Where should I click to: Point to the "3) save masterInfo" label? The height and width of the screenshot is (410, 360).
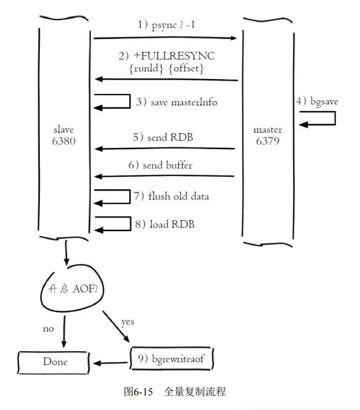[177, 102]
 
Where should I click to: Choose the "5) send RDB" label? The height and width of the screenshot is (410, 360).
[162, 138]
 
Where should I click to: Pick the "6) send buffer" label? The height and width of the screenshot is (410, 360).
[161, 165]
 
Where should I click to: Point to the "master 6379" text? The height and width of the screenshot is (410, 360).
[268, 136]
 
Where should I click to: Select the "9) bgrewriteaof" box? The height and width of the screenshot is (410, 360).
[171, 360]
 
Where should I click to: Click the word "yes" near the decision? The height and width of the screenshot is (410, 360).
[127, 321]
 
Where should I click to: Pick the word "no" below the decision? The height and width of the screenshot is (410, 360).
[48, 329]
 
